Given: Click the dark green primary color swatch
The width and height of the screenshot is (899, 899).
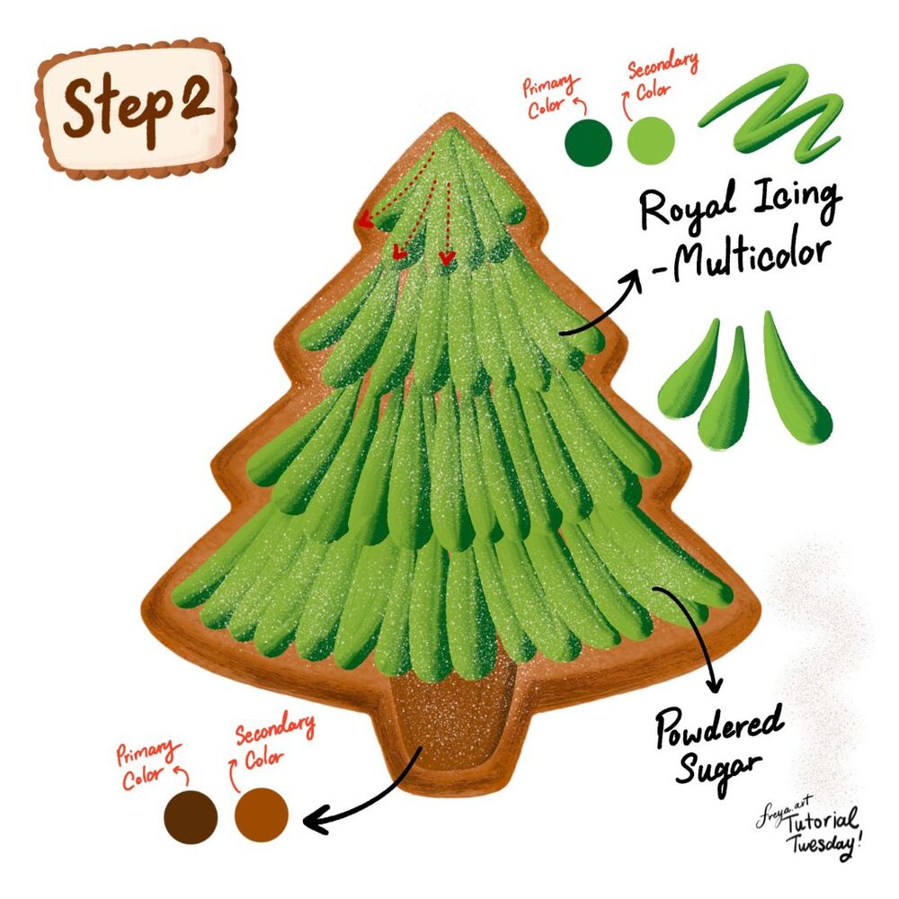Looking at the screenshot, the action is [x=588, y=143].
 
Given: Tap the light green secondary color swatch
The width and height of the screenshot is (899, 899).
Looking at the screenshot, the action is [x=651, y=140].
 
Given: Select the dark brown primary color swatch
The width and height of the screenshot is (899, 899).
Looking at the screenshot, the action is [x=191, y=817].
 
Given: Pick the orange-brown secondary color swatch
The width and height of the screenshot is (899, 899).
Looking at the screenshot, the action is [x=262, y=814].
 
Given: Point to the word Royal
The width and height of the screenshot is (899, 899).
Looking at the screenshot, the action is [x=687, y=208].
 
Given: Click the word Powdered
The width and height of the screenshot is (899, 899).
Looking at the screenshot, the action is [x=720, y=727].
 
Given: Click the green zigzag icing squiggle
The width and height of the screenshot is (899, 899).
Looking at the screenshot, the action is [x=771, y=113].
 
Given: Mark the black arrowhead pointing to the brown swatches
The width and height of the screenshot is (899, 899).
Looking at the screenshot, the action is [x=314, y=821].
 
